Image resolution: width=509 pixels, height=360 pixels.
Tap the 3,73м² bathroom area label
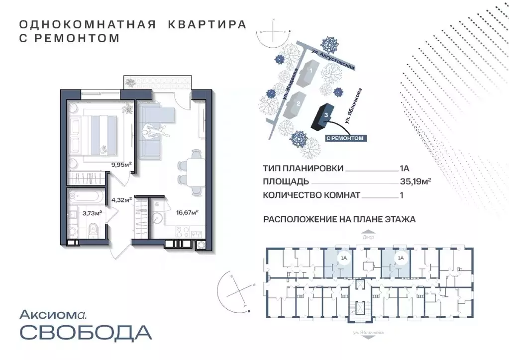(92, 213)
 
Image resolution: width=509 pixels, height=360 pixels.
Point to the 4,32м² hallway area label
(121, 200)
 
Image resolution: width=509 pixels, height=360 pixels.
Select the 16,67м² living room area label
(187, 212)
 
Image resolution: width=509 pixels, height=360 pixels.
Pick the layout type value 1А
(405, 169)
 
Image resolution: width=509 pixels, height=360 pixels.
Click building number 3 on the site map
(325, 115)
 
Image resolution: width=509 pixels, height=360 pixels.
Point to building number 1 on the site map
(311, 71)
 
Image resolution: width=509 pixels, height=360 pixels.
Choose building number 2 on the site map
(298, 103)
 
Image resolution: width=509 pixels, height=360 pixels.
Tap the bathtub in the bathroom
(86, 195)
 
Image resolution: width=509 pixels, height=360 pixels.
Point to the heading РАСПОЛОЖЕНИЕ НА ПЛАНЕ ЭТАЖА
(339, 218)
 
